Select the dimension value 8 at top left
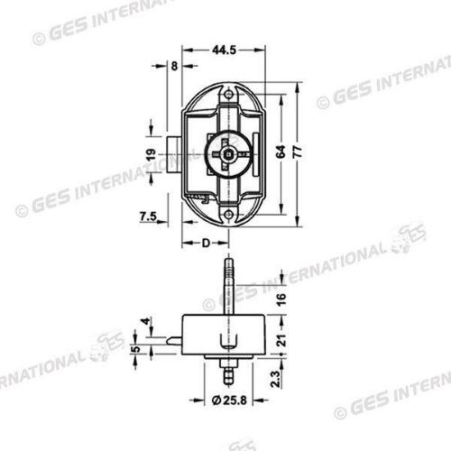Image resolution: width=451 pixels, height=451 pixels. point(173,66)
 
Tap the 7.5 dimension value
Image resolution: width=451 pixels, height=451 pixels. point(151,215)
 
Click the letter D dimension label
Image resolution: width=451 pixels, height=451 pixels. point(206,243)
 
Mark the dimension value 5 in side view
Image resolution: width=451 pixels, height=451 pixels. point(135,350)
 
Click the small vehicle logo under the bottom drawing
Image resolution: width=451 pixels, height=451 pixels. point(241,446)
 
